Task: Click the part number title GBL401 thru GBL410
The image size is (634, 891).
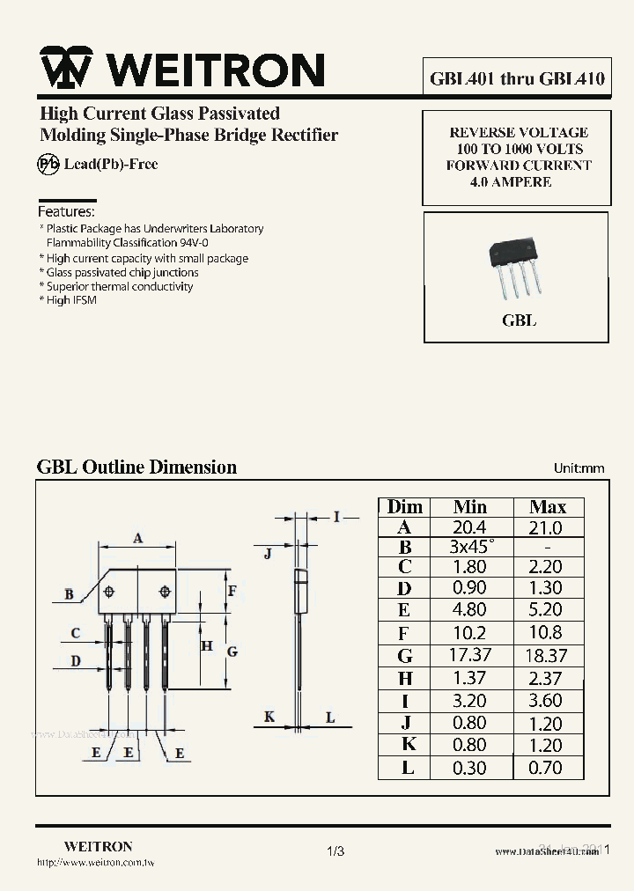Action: pos(517,78)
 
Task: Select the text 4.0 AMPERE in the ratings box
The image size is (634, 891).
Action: pos(511,181)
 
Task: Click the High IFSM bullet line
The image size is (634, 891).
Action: pos(69,300)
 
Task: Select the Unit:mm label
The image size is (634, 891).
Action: pos(579,468)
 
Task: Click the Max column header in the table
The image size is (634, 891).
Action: pos(547,507)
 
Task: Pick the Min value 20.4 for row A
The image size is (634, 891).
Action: pos(469,527)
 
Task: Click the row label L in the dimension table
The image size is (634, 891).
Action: pos(407,768)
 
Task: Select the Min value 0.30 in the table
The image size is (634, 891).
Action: pos(469,768)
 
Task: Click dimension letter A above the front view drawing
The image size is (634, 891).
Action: pos(138,539)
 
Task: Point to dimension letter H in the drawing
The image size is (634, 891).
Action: pos(207,645)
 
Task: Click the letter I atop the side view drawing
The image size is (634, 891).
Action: pos(335,517)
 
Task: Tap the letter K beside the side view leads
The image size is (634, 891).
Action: pos(269,718)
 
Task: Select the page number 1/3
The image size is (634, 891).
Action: pos(335,851)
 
